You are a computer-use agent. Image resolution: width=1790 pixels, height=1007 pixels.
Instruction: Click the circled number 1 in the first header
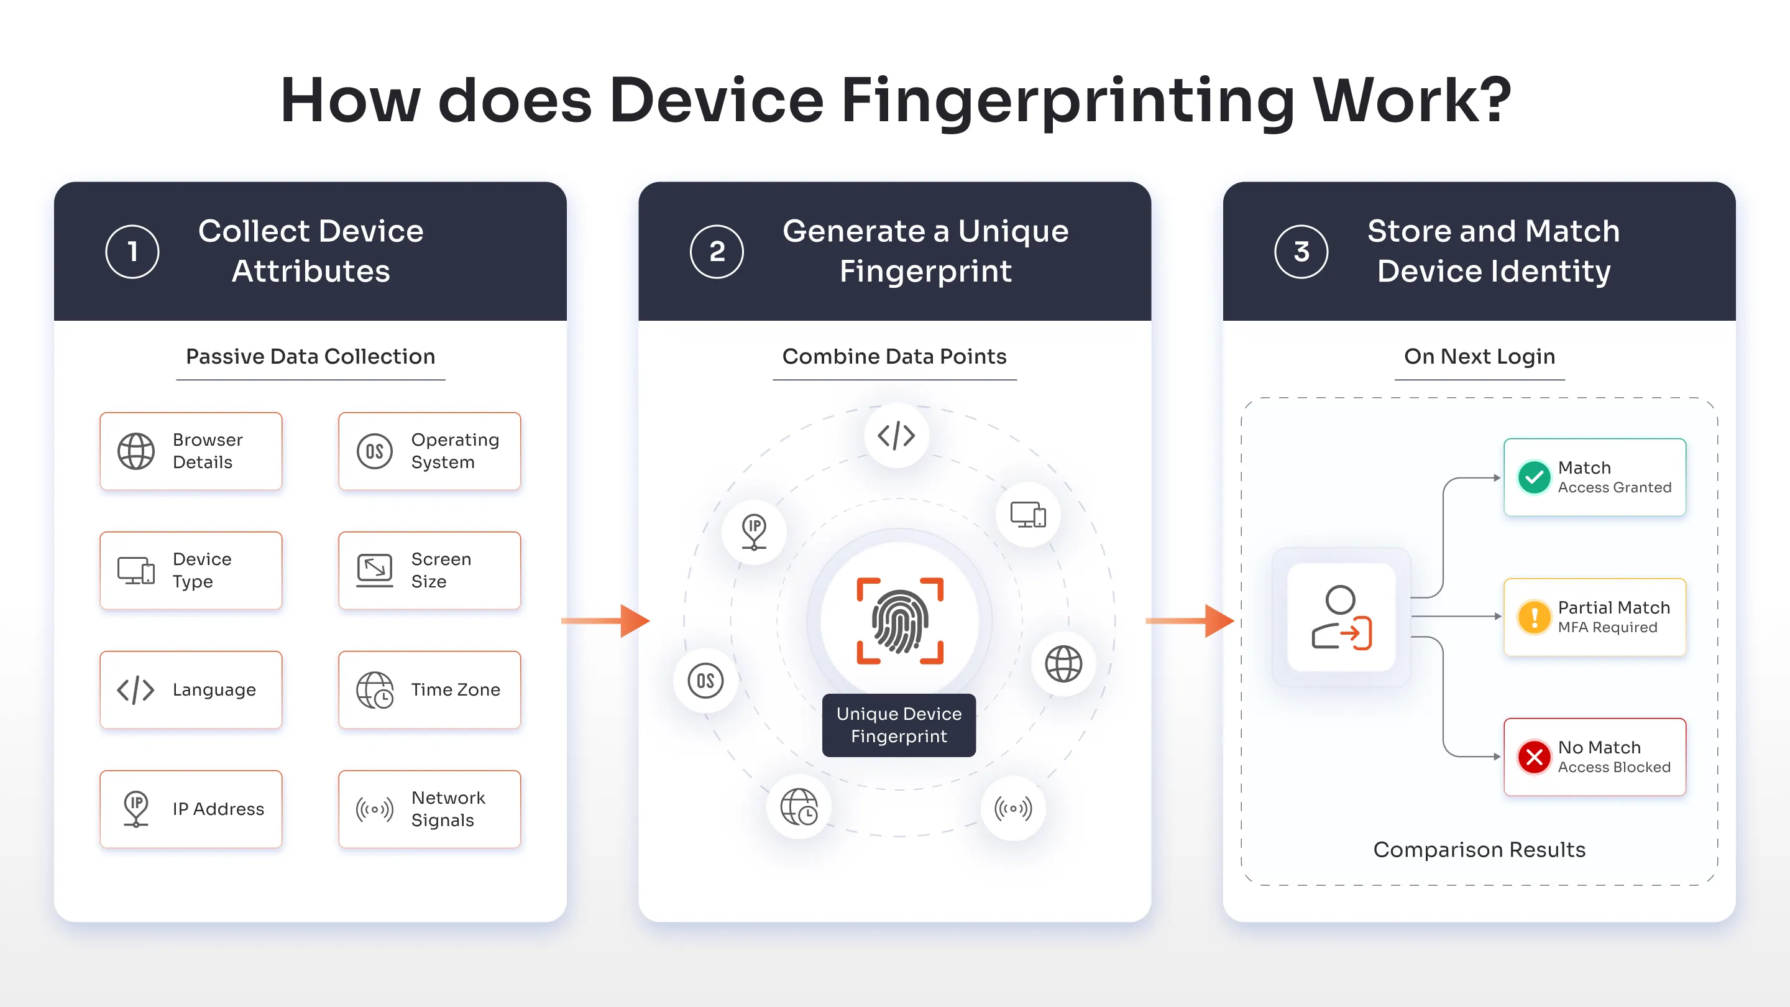(132, 252)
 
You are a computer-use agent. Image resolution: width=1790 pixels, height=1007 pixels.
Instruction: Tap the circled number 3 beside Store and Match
(1301, 252)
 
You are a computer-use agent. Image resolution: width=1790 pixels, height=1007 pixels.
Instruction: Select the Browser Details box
(191, 451)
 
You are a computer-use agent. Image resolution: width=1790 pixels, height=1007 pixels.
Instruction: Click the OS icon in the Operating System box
(375, 452)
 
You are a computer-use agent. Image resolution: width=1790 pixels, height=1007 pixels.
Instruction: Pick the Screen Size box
(429, 571)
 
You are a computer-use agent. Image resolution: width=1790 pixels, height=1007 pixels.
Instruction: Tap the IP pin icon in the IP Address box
(136, 808)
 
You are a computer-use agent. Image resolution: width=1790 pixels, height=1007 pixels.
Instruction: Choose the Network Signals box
(429, 808)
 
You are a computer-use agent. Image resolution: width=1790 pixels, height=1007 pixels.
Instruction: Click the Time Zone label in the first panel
(455, 689)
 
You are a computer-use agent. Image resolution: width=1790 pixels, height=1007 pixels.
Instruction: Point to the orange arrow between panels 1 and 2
(605, 620)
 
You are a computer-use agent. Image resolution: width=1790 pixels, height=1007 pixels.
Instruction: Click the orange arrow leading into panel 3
(1189, 620)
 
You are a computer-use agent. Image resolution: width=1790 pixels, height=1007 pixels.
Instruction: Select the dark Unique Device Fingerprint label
(899, 725)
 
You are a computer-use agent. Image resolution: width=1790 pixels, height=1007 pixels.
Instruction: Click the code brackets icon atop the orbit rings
(896, 436)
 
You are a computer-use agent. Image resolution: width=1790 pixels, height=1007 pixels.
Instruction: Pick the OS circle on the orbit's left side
(705, 681)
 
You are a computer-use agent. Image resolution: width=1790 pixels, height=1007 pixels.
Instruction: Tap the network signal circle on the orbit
(1013, 808)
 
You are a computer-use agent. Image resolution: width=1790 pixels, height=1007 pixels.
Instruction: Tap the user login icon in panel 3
(1341, 618)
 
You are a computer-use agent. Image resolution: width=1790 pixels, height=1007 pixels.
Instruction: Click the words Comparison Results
(1479, 849)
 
